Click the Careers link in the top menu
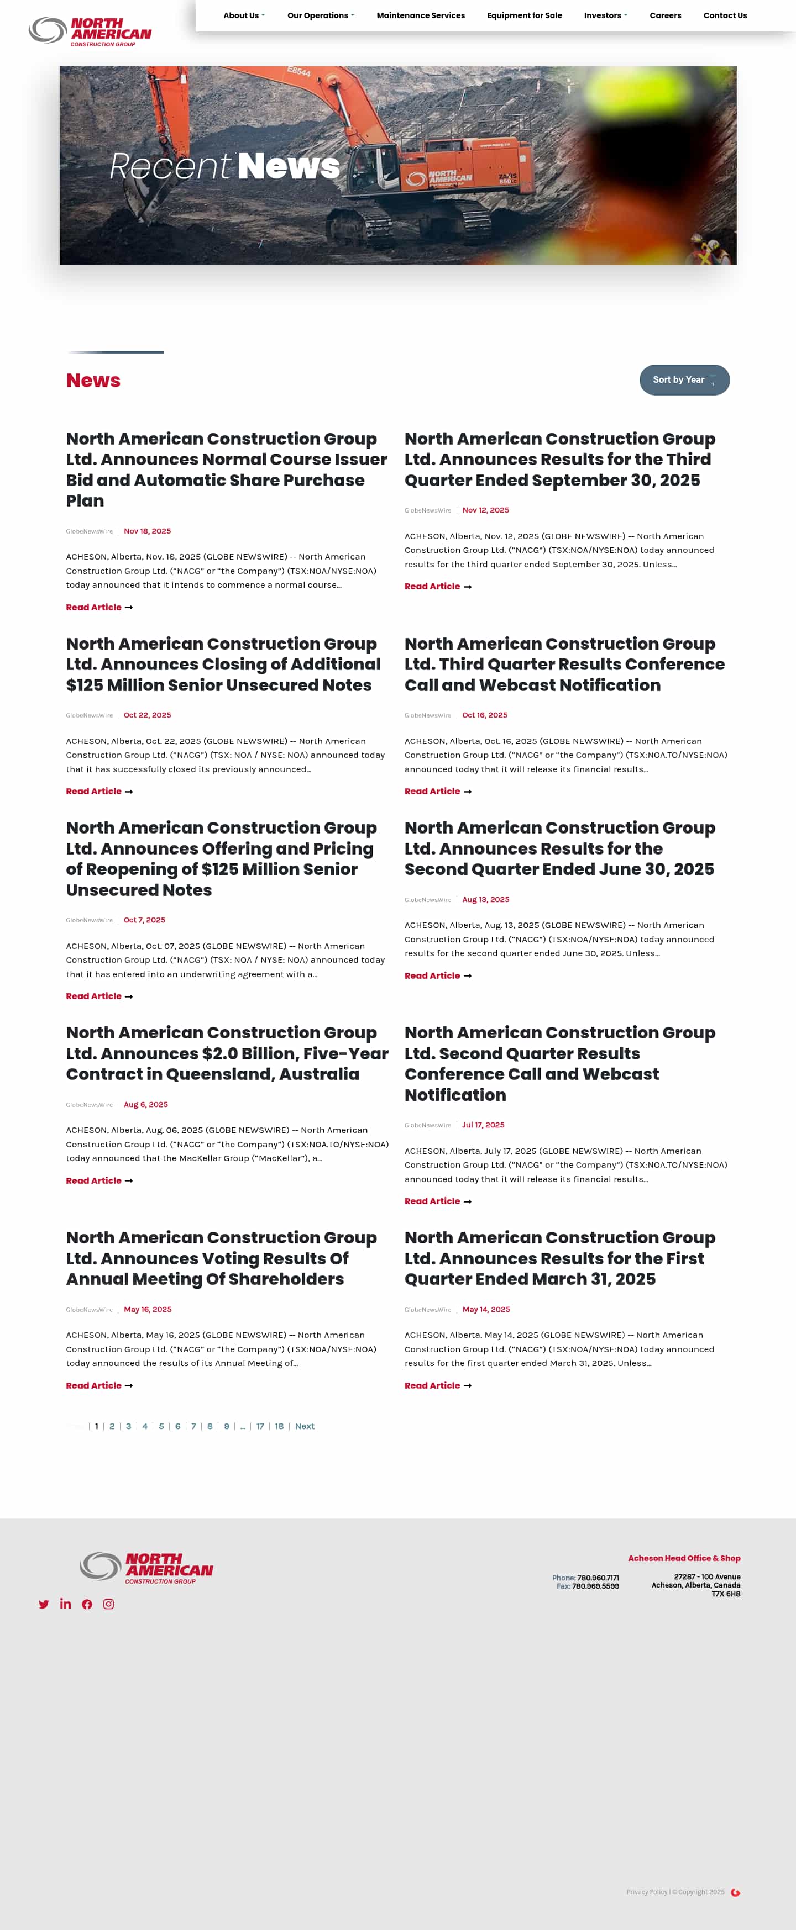pos(665,15)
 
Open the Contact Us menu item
pos(724,15)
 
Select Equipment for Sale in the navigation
pos(524,15)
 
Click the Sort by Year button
pos(684,380)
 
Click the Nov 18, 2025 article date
pos(147,531)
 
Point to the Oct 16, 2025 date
pos(484,715)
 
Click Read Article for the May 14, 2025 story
pos(438,1386)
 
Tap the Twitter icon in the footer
pos(44,1604)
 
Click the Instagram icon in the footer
pos(109,1604)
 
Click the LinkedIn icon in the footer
pos(65,1604)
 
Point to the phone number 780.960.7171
pos(598,1578)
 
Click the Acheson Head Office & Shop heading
pos(684,1558)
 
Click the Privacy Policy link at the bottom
pos(646,1892)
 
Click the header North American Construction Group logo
pos(90,31)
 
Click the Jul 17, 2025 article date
pos(483,1125)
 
